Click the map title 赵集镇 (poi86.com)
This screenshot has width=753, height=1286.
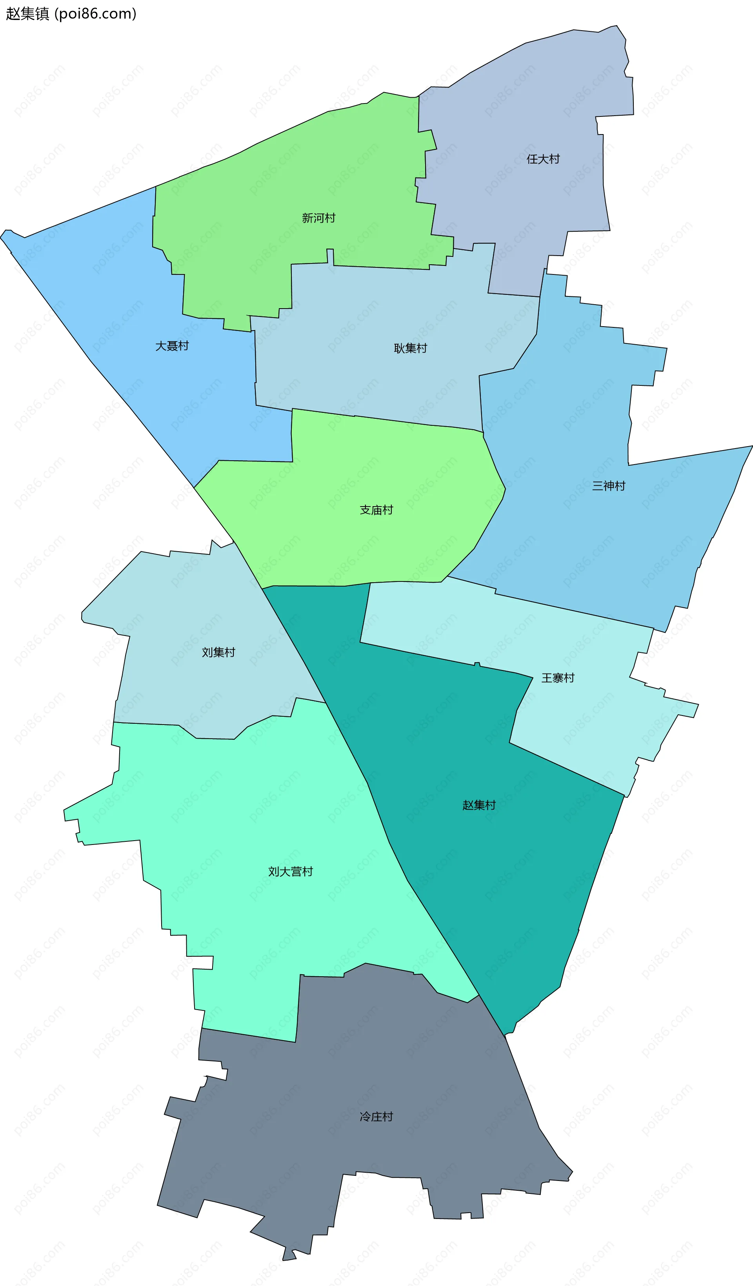point(71,14)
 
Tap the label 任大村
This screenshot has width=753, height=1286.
point(543,159)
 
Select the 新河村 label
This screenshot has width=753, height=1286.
point(318,218)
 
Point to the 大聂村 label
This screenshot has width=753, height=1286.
point(172,346)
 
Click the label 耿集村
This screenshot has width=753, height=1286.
point(411,349)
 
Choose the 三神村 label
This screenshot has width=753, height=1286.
point(609,486)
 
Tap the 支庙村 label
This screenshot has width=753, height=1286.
point(376,510)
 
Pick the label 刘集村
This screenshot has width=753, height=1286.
point(218,652)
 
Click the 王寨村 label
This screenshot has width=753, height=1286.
point(558,678)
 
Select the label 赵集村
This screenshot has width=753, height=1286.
point(479,805)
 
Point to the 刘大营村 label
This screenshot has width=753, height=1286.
point(291,872)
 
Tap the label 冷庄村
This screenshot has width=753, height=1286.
point(376,1117)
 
